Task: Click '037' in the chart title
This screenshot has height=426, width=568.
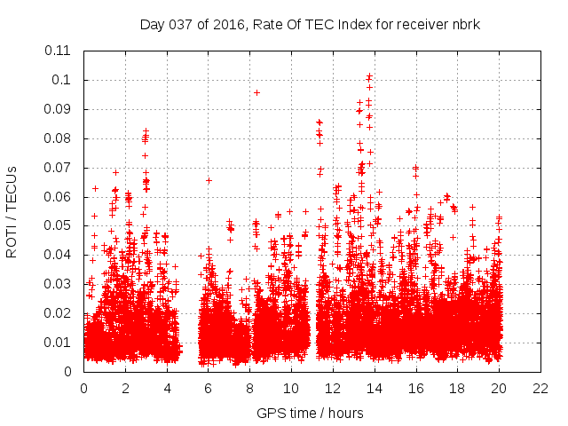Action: pyautogui.click(x=181, y=24)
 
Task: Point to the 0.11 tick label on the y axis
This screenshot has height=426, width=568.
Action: pyautogui.click(x=59, y=51)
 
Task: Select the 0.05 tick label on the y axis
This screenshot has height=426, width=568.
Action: pyautogui.click(x=59, y=225)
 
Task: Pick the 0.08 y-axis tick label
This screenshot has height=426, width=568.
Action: pyautogui.click(x=59, y=138)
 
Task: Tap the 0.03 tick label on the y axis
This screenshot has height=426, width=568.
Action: pyautogui.click(x=59, y=284)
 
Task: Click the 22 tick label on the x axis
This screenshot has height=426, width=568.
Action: pyautogui.click(x=540, y=388)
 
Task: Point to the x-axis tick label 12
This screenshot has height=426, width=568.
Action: pyautogui.click(x=332, y=388)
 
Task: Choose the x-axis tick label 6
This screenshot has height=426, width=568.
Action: pyautogui.click(x=208, y=388)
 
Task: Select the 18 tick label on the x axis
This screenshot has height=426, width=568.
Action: pyautogui.click(x=456, y=388)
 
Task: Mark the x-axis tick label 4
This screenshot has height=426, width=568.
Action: pyautogui.click(x=167, y=388)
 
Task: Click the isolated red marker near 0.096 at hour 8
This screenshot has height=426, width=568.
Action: pyautogui.click(x=256, y=92)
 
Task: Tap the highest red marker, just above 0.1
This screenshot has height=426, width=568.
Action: pyautogui.click(x=369, y=76)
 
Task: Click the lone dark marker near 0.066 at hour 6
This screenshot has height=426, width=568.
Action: pyautogui.click(x=209, y=180)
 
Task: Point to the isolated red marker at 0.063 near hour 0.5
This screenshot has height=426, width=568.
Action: pyautogui.click(x=95, y=188)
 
